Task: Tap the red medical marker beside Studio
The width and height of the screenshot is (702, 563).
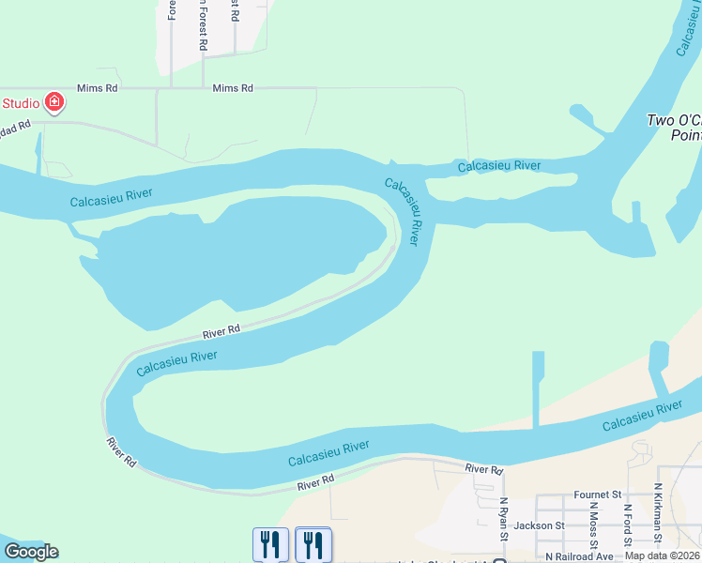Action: (x=54, y=101)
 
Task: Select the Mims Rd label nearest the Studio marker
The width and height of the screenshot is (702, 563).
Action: (x=98, y=87)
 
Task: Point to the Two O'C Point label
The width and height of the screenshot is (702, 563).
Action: (x=674, y=128)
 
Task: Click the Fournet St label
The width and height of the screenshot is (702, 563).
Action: (x=598, y=494)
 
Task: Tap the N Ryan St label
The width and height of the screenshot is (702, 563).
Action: (x=504, y=520)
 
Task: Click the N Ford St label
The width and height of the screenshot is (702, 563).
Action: (x=627, y=522)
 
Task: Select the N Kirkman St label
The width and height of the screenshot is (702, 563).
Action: (x=660, y=516)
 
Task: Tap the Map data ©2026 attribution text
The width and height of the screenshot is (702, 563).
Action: (x=663, y=555)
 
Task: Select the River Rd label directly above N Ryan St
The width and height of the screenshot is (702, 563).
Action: (x=484, y=468)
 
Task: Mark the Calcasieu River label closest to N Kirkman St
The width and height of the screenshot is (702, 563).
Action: (x=642, y=416)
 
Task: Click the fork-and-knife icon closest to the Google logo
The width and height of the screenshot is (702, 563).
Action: (x=269, y=543)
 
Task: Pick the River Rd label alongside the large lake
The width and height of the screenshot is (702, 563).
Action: (x=221, y=330)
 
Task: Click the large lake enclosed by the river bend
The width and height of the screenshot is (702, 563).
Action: (x=235, y=253)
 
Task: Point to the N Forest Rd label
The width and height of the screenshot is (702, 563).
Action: (x=203, y=25)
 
